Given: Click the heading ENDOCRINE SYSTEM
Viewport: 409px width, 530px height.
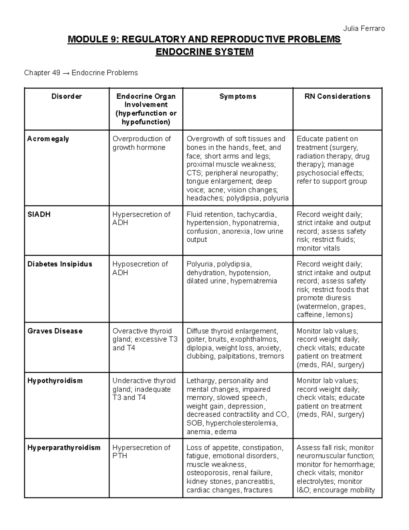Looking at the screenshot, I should [204, 52].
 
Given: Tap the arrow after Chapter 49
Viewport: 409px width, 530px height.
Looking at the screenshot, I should [66, 73].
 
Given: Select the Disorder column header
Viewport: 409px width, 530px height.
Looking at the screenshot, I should [66, 97].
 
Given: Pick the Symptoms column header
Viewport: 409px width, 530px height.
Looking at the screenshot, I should [238, 97].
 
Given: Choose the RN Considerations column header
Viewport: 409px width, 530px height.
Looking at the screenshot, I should [337, 97].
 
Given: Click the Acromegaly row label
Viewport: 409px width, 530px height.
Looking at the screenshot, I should [48, 139].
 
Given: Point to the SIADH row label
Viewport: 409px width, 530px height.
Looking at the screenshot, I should [39, 215].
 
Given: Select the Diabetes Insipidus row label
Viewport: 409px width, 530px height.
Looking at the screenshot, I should [60, 264].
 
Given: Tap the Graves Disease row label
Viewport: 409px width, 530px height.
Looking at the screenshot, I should [55, 331].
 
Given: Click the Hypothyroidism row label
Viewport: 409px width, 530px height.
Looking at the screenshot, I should [55, 381].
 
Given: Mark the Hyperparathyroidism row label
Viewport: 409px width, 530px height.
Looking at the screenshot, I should [64, 448].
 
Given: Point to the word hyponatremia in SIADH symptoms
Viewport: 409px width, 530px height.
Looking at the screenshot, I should [257, 223].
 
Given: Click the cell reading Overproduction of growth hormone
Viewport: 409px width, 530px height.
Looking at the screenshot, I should [141, 143].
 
